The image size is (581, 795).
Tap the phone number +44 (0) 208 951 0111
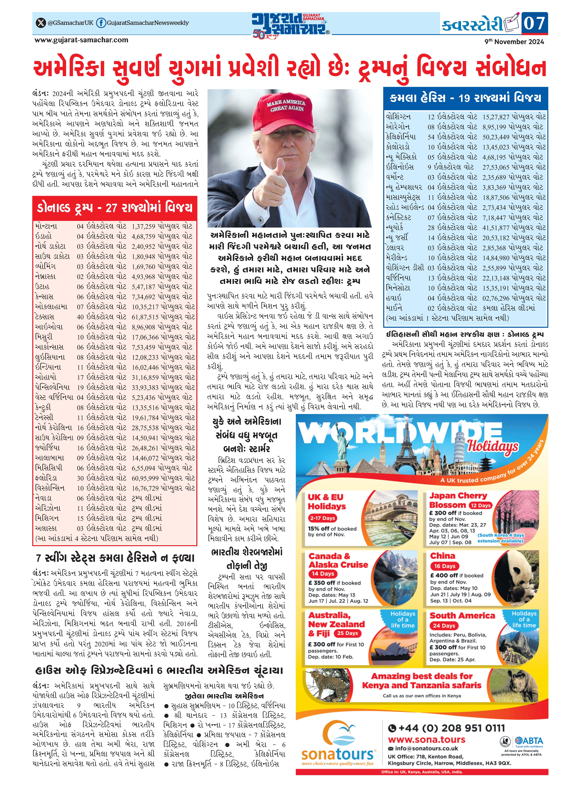[447, 728]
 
